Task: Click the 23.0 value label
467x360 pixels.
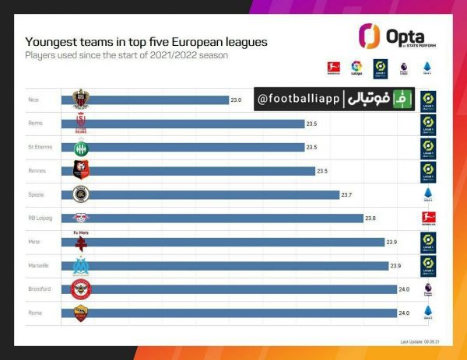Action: [x=236, y=100]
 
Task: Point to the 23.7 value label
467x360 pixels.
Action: [x=346, y=194]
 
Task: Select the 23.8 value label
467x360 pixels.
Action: [x=370, y=218]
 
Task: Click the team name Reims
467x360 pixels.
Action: [x=34, y=124]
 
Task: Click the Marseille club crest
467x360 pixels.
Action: [x=81, y=266]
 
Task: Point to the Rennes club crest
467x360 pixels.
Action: [x=81, y=170]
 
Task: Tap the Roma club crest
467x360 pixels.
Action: [x=81, y=313]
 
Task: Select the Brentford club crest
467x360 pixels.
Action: [x=81, y=289]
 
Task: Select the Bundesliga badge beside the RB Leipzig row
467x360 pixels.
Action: [x=427, y=218]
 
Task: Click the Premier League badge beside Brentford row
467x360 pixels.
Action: [x=427, y=289]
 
